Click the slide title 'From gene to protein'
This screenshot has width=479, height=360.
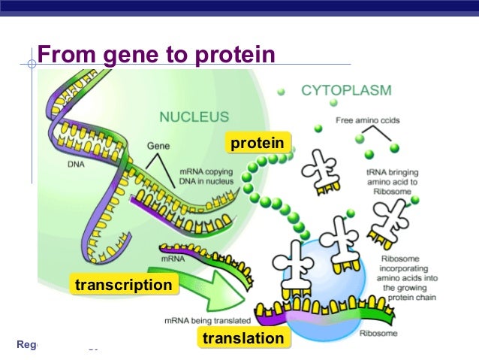click(x=156, y=54)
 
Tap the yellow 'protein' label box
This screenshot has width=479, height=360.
click(x=257, y=143)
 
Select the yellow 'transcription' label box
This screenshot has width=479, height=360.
click(x=122, y=285)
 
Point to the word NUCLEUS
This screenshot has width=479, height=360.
click(x=194, y=118)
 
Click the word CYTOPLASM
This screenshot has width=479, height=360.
click(x=346, y=91)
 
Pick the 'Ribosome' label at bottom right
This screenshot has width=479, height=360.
click(x=375, y=332)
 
